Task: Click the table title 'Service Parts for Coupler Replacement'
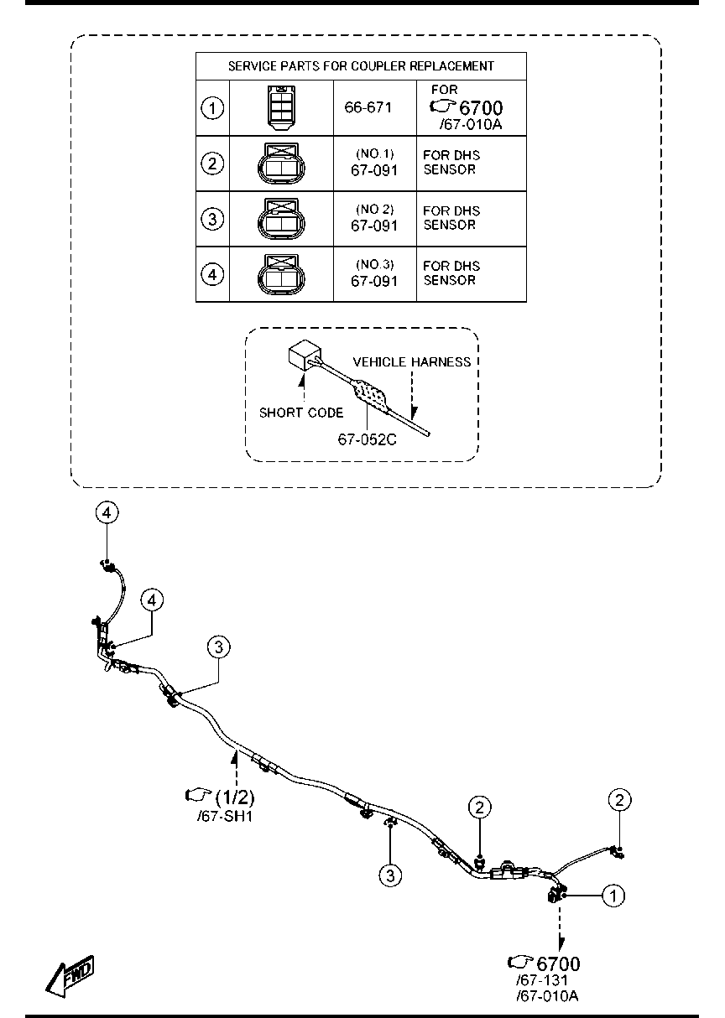(x=361, y=66)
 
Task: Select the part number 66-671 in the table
(x=368, y=107)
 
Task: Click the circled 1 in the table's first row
(x=212, y=108)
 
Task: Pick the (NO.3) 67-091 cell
(x=374, y=273)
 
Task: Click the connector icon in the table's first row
(x=281, y=107)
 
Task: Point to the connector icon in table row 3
(x=281, y=219)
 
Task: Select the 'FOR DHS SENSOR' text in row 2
(x=451, y=162)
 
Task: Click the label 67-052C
(x=367, y=439)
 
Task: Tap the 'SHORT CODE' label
(x=301, y=413)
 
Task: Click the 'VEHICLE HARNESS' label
(x=412, y=361)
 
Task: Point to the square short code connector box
(x=305, y=355)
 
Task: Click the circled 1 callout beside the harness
(x=613, y=896)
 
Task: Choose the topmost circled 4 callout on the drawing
(x=107, y=512)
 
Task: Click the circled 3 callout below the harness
(x=390, y=875)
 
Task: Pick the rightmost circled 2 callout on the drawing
(x=619, y=800)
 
